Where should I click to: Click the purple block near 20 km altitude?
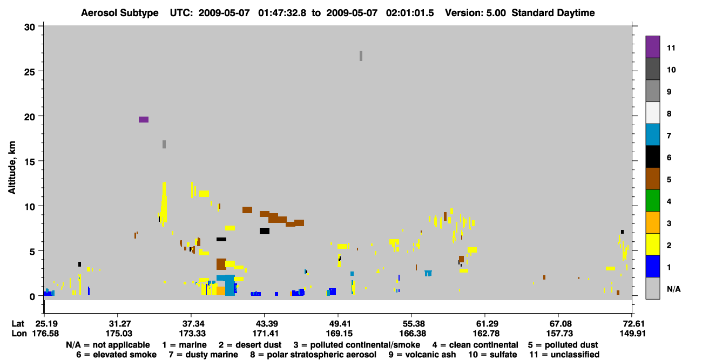[144, 119]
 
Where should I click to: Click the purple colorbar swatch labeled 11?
[652, 47]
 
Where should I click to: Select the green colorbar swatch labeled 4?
[652, 201]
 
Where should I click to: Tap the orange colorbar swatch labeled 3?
[652, 222]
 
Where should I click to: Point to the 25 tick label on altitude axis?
[30, 72]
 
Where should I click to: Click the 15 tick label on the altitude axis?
[30, 162]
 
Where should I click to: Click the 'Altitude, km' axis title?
[12, 168]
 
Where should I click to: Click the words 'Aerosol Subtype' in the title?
[120, 13]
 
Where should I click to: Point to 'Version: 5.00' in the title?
[475, 13]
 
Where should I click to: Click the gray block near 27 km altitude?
[361, 56]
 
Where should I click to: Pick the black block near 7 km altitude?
[265, 231]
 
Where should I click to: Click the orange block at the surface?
[221, 291]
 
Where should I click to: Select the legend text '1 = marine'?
[184, 345]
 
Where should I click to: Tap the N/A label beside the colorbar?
[674, 289]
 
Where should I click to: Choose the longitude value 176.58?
[45, 334]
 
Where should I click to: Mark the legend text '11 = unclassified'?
[564, 355]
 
